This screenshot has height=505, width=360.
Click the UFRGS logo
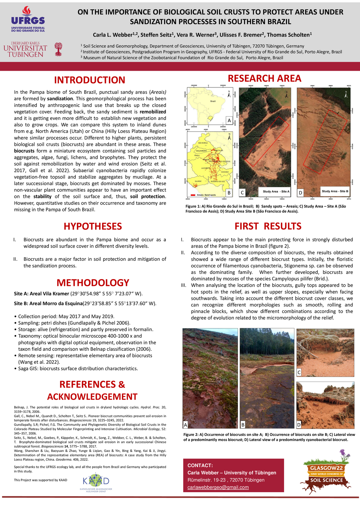pyautogui.click(x=28, y=19)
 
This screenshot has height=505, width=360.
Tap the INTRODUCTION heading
pyautogui.click(x=90, y=80)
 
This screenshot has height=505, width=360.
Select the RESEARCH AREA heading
pyautogui.click(x=264, y=78)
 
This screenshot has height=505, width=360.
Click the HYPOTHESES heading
pyautogui.click(x=93, y=226)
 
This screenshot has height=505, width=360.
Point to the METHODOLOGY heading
pyautogui.click(x=93, y=282)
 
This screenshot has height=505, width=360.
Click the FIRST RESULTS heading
pyautogui.click(x=268, y=226)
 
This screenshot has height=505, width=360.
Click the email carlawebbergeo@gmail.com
pyautogui.click(x=218, y=487)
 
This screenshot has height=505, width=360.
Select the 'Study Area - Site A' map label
pyautogui.click(x=276, y=191)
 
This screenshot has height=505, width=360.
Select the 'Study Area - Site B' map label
pyautogui.click(x=335, y=191)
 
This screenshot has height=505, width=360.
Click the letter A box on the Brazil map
pyautogui.click(x=229, y=121)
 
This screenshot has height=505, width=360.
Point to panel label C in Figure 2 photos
pyautogui.click(x=299, y=372)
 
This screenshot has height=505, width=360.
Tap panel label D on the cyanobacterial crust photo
pyautogui.click(x=299, y=425)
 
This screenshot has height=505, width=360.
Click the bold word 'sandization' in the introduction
pyautogui.click(x=60, y=99)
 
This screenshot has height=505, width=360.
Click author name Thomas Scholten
pyautogui.click(x=289, y=35)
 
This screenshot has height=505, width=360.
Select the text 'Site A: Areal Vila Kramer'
pyautogui.click(x=41, y=294)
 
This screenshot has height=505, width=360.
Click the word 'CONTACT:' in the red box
pyautogui.click(x=200, y=465)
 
